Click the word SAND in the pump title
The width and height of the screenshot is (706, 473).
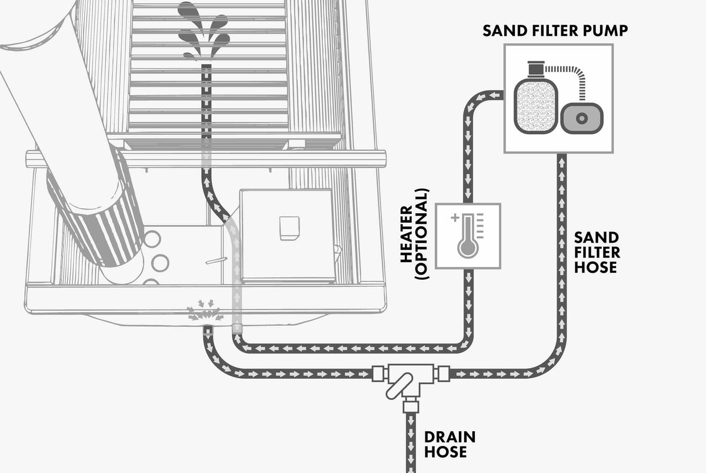click(x=501, y=31)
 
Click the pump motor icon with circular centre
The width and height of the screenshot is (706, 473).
click(x=582, y=118)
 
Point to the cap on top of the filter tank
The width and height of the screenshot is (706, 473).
click(x=535, y=71)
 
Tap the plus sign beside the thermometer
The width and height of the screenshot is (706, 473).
click(x=454, y=218)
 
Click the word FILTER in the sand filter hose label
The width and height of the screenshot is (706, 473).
click(x=596, y=252)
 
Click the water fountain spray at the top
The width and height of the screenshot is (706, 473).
click(x=204, y=32)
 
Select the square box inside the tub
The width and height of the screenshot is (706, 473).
click(x=286, y=234)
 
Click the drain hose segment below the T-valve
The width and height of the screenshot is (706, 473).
click(x=410, y=442)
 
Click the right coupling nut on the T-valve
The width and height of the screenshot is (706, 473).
click(x=443, y=373)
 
